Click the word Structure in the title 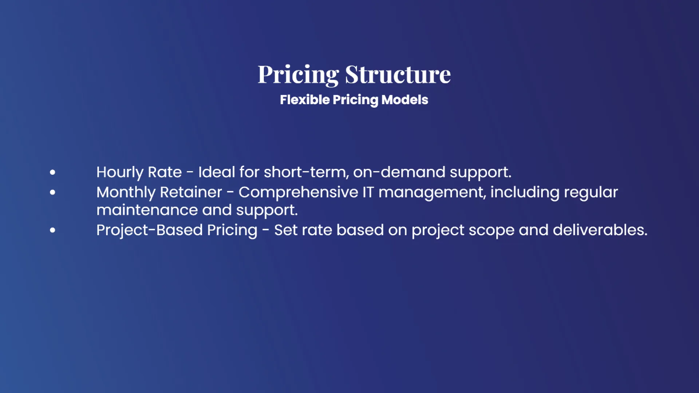coord(398,75)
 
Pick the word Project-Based coord(150,231)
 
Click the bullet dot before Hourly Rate coord(53,173)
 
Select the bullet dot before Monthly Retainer coord(53,192)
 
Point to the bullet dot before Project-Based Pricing coord(53,231)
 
